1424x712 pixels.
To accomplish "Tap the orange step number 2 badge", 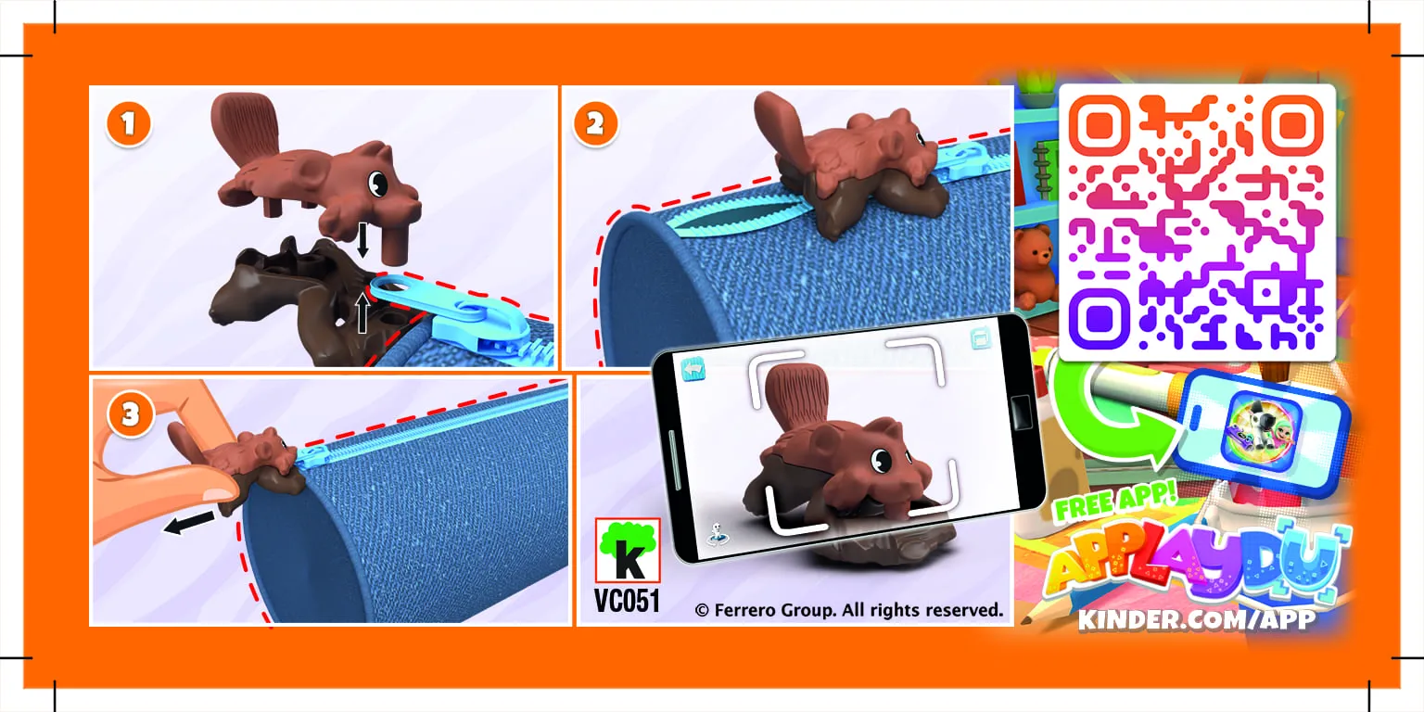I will click(595, 125).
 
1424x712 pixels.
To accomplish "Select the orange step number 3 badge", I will click(130, 414).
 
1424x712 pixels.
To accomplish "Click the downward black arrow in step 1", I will click(362, 240).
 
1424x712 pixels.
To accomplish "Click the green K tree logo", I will click(628, 551).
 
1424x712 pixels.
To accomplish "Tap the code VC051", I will click(628, 601).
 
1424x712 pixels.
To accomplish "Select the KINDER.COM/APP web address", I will click(1196, 619).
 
